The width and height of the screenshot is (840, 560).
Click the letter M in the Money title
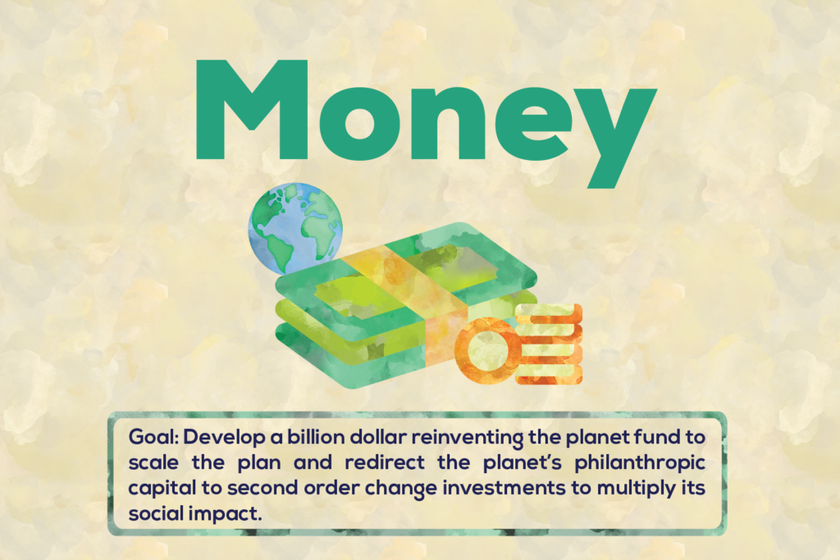pos(252,110)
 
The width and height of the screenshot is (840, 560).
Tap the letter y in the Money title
pos(615,138)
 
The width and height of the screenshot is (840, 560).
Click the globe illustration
pos(295,229)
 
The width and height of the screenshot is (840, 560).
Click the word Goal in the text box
pos(153,437)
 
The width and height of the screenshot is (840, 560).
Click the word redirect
pos(385,462)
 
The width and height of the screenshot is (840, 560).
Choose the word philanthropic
pos(640,463)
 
